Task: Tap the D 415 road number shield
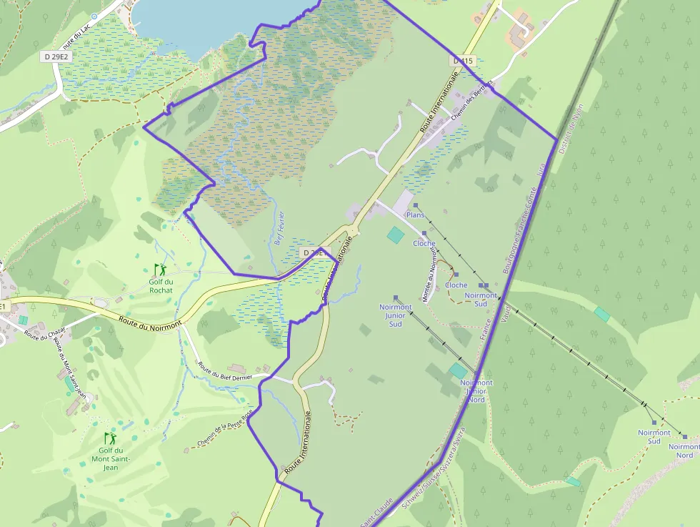coord(463,61)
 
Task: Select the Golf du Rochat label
coord(161,285)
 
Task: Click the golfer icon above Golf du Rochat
coord(160,269)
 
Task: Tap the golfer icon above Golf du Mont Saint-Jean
coord(110,437)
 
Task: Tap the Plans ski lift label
coord(415,215)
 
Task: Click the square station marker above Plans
coord(415,205)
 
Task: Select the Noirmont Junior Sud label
coord(395,315)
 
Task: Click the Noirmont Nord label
coord(684,450)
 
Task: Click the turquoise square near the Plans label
coord(395,234)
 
